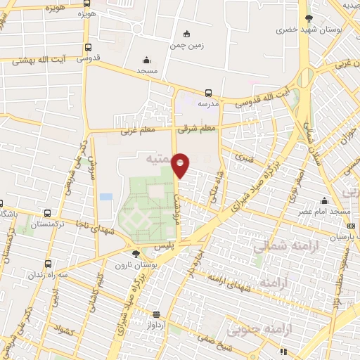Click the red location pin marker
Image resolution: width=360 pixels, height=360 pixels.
point(181,165)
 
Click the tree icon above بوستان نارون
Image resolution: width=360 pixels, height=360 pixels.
point(136,253)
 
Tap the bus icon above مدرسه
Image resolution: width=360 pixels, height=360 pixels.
point(208,92)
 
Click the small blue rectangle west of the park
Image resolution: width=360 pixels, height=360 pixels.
point(106,196)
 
